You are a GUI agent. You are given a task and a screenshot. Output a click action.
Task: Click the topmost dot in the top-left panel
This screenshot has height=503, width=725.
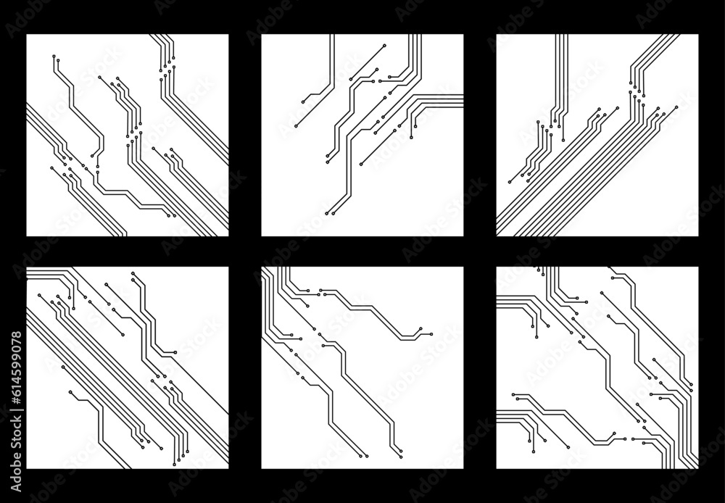pyautogui.click(x=54, y=56)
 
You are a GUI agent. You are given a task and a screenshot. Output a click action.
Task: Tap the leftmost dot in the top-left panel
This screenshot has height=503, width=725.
pyautogui.click(x=51, y=168)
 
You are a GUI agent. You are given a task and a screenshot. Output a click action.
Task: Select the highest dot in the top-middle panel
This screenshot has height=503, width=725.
pyautogui.click(x=384, y=45)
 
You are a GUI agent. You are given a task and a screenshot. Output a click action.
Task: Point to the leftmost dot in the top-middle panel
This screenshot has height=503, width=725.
pyautogui.click(x=295, y=126)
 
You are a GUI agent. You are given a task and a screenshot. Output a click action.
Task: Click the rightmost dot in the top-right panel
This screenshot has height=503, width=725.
pyautogui.click(x=676, y=107)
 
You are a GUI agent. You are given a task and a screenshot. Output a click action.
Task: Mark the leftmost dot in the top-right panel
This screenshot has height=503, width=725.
pyautogui.click(x=510, y=181)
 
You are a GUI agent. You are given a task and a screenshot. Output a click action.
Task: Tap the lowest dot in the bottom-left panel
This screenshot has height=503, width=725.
pyautogui.click(x=174, y=464)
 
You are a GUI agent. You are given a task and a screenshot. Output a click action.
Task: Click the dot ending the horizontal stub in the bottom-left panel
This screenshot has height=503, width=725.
pyautogui.click(x=175, y=352)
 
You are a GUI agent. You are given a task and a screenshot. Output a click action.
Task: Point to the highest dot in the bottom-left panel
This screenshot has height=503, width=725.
pyautogui.click(x=133, y=273)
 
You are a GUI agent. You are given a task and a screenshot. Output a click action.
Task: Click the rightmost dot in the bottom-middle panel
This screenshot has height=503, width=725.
pyautogui.click(x=431, y=334)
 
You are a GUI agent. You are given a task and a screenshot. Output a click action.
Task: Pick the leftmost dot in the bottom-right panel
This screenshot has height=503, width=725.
pyautogui.click(x=513, y=396)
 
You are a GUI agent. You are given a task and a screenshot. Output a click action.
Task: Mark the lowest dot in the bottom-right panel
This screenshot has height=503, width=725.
pyautogui.click(x=533, y=452)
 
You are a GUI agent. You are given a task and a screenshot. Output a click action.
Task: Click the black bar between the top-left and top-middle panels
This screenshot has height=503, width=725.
pyautogui.click(x=245, y=135)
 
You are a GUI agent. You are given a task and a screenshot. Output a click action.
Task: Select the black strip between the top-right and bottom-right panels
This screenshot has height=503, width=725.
pyautogui.click(x=597, y=251)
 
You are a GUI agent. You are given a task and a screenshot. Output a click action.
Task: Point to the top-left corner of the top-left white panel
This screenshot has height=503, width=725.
pyautogui.click(x=27, y=34)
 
